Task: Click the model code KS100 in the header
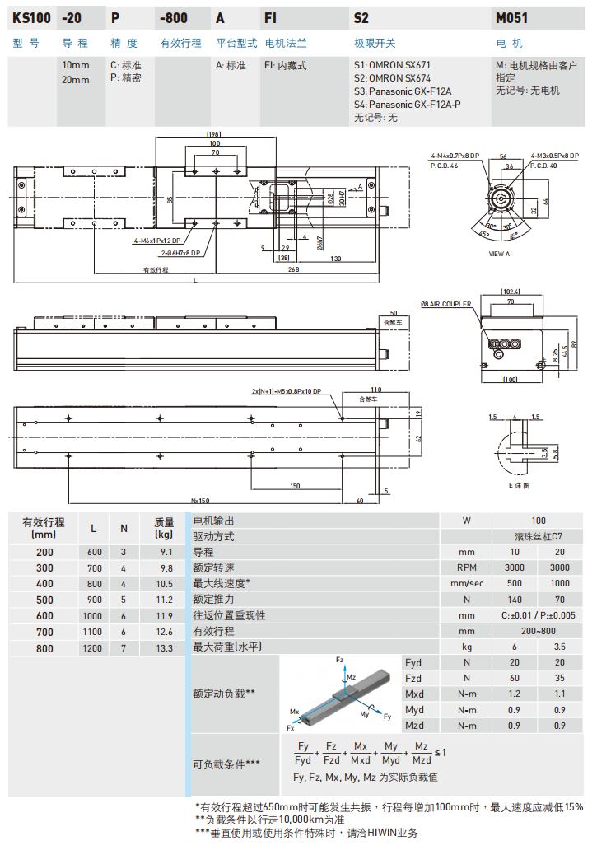pyautogui.click(x=32, y=16)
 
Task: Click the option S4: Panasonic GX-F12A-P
pyautogui.click(x=407, y=105)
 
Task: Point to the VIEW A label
pyautogui.click(x=499, y=254)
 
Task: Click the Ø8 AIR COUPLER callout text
pyautogui.click(x=445, y=304)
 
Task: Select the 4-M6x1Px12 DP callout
pyautogui.click(x=159, y=241)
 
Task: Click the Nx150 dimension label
pyautogui.click(x=200, y=500)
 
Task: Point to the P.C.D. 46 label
pyautogui.click(x=444, y=166)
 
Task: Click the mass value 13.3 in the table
pyautogui.click(x=164, y=648)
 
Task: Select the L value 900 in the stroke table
pyautogui.click(x=94, y=600)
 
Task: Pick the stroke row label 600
pyautogui.click(x=44, y=615)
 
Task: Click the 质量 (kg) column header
pyautogui.click(x=164, y=527)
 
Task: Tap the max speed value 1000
pyautogui.click(x=560, y=583)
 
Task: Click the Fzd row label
pyautogui.click(x=413, y=678)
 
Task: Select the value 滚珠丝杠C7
pyautogui.click(x=538, y=536)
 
